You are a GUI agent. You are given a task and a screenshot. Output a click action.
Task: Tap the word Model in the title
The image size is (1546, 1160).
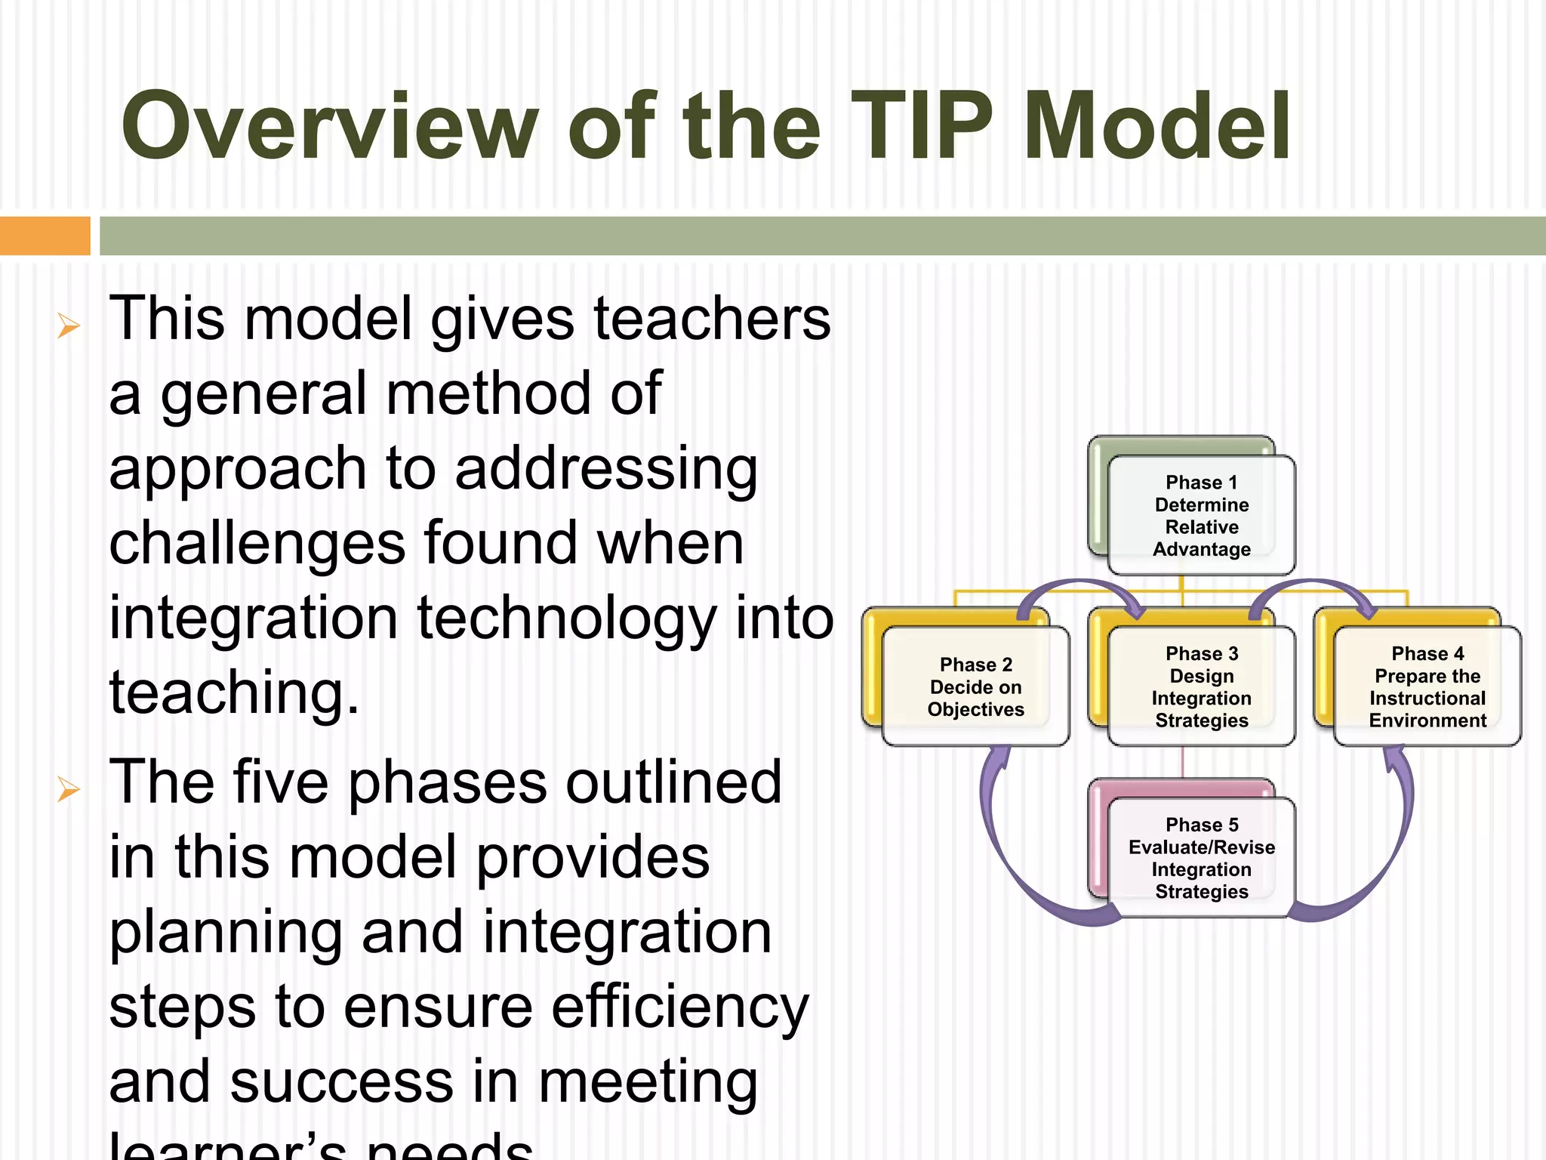1157,127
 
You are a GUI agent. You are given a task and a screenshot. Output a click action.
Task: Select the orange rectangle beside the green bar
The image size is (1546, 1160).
45,236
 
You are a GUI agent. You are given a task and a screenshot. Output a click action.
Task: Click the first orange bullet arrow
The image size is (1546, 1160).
69,326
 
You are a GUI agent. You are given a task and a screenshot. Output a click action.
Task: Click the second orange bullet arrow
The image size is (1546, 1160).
69,790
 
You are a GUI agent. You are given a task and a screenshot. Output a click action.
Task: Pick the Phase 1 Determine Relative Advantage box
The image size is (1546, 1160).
1201,516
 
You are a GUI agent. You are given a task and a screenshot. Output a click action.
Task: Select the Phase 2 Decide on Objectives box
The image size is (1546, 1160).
975,686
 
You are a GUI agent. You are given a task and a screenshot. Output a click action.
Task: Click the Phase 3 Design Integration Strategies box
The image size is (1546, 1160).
1201,686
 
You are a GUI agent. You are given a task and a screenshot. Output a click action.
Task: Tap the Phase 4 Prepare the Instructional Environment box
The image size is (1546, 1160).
1427,686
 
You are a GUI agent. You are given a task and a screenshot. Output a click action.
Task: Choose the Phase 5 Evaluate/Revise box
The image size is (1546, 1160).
1201,858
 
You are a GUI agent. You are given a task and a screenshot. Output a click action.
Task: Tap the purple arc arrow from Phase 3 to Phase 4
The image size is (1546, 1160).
1313,584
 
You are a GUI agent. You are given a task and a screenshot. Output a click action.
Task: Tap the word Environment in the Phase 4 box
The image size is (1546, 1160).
1427,720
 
